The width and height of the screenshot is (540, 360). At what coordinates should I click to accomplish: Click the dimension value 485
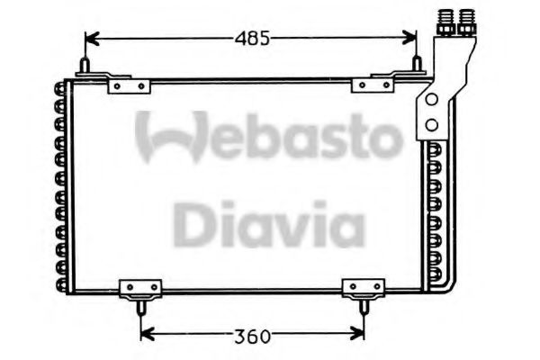[x=252, y=39]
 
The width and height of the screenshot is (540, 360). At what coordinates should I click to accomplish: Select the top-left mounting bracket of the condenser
[x=127, y=85]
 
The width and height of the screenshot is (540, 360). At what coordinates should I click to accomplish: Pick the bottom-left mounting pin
[x=141, y=307]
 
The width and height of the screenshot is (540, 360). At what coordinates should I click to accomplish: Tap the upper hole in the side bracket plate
[x=433, y=97]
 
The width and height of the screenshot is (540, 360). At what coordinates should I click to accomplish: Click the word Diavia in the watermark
[x=267, y=224]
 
